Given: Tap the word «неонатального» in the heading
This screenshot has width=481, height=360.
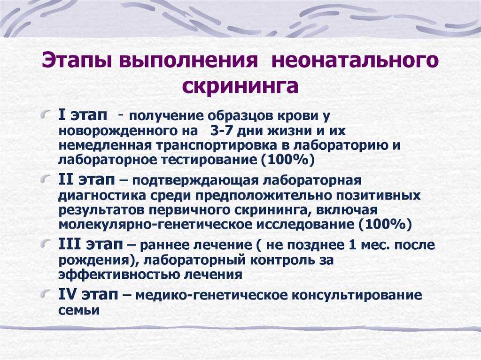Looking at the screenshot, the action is (x=355, y=60).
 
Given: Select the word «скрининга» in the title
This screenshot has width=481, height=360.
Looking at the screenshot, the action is (x=240, y=86).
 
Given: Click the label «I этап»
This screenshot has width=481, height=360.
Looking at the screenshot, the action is (x=83, y=115).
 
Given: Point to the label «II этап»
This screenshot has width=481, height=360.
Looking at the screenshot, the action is (x=86, y=180).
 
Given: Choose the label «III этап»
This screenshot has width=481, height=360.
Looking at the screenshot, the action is (x=91, y=245).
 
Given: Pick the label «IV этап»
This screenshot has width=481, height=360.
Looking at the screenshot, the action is (x=88, y=295).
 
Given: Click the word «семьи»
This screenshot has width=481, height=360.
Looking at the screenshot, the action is (x=79, y=310).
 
